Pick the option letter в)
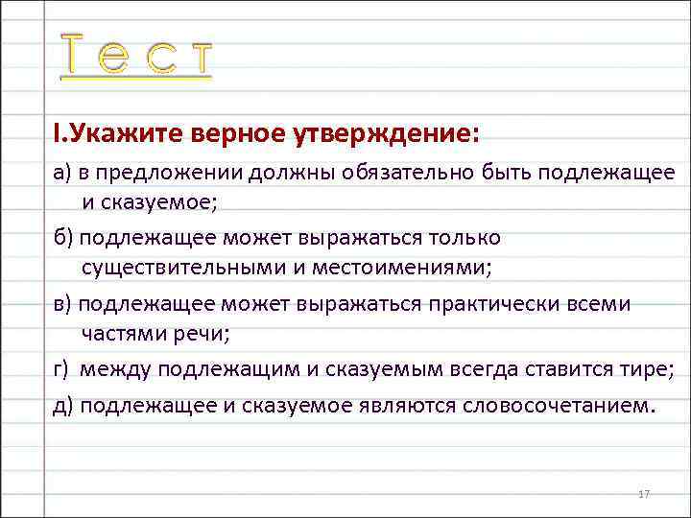click(x=63, y=304)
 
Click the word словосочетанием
click(x=556, y=405)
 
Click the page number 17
click(x=644, y=493)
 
